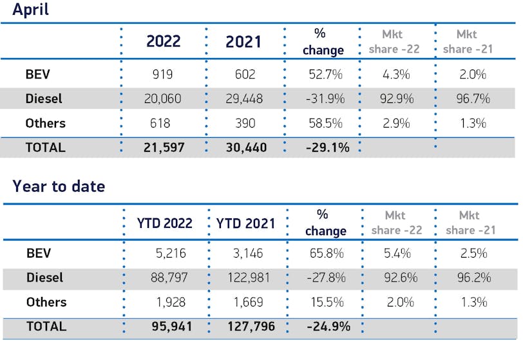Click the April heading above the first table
coord(30,10)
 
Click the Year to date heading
coord(59,187)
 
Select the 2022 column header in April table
coord(163,42)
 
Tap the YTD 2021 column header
coord(245,223)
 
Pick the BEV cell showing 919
coord(163,74)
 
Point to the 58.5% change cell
coord(325,123)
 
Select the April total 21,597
coord(163,147)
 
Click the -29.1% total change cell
coord(327,147)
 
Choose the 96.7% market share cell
coord(473,99)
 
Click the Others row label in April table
coord(45,123)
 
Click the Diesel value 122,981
coord(248,278)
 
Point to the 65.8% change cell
coord(328,253)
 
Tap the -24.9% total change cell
coord(328,327)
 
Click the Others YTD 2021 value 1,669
coord(251,302)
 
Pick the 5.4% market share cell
coord(397,253)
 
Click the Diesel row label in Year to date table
coord(45,278)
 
